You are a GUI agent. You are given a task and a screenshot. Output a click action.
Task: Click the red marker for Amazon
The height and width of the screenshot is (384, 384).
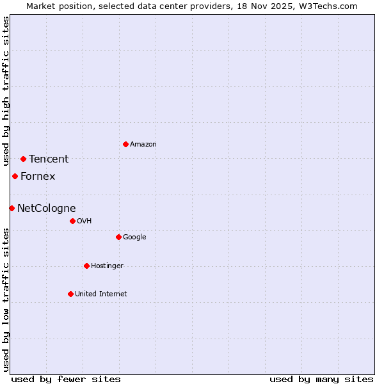pos(125,144)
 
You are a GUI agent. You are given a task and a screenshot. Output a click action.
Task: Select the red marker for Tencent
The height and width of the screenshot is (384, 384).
pos(23,159)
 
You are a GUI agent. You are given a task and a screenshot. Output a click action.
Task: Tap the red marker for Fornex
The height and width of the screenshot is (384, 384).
pos(15,176)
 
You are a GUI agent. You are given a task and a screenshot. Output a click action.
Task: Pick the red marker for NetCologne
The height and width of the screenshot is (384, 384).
pos(12,208)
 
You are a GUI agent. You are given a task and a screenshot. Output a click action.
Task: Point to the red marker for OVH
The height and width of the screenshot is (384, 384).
pos(72,221)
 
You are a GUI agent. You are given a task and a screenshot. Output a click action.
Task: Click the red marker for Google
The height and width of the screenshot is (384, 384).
pos(118,237)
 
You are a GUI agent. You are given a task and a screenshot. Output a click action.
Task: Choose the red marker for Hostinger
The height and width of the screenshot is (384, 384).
pos(86,266)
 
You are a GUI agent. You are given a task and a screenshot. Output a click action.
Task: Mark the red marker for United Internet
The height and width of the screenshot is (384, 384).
pos(70,294)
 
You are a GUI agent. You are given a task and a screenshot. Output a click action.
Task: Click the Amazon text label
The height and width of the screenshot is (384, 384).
pos(143,145)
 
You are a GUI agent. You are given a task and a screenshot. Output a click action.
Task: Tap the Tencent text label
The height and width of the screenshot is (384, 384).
pos(49,159)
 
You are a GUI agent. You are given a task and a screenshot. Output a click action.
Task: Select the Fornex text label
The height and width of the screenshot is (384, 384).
pos(38,177)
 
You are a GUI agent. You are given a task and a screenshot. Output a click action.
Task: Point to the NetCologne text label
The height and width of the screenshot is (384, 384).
pos(46,209)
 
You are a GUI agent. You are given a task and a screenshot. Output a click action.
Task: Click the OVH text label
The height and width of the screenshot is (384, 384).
pos(84,221)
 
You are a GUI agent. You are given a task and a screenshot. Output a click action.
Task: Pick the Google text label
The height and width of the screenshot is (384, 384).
pos(134,237)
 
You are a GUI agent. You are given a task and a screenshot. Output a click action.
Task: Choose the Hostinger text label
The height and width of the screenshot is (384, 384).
pos(107,266)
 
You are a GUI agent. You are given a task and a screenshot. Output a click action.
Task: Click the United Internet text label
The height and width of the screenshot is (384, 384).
pos(100,294)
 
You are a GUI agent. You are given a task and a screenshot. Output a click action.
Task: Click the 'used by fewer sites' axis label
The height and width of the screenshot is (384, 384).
pos(66,379)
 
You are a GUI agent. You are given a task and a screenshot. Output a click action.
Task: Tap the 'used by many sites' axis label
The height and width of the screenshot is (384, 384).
pos(321,379)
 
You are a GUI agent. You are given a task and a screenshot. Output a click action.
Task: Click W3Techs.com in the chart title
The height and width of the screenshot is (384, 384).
pos(329,6)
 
